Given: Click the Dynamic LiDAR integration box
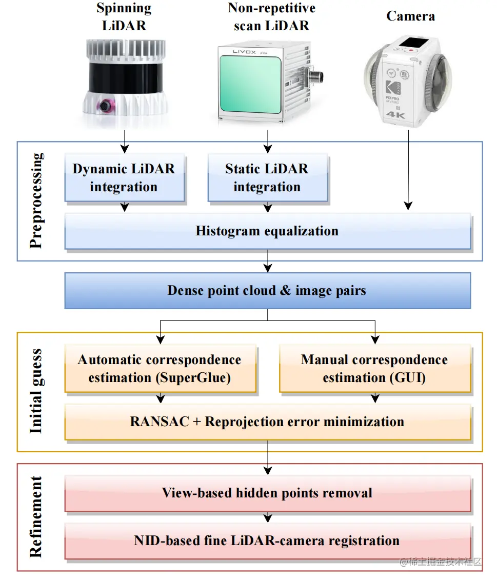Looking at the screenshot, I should point(124,177).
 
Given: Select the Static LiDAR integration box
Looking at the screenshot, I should point(267,177).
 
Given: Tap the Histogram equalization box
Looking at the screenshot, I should point(267,231).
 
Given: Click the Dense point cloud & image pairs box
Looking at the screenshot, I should point(267,291).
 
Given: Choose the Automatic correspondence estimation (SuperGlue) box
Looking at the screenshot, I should point(160,369).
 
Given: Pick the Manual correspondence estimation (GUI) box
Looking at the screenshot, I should point(374,369).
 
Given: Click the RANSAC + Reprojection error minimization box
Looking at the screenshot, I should point(267,422).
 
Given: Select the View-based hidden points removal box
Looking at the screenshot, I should point(267,493).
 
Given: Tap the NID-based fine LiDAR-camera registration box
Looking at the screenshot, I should point(267,540).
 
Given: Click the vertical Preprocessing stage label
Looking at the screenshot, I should point(36,201).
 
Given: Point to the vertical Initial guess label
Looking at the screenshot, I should point(36,392).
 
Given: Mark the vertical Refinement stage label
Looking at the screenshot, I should point(36,517).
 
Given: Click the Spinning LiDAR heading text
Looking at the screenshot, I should point(124,16).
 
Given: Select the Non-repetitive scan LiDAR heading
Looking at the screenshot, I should point(271,16).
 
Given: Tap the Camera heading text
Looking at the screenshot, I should point(410,16).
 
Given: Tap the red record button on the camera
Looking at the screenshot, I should point(411,50).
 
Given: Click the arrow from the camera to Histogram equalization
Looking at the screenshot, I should point(408,169).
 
